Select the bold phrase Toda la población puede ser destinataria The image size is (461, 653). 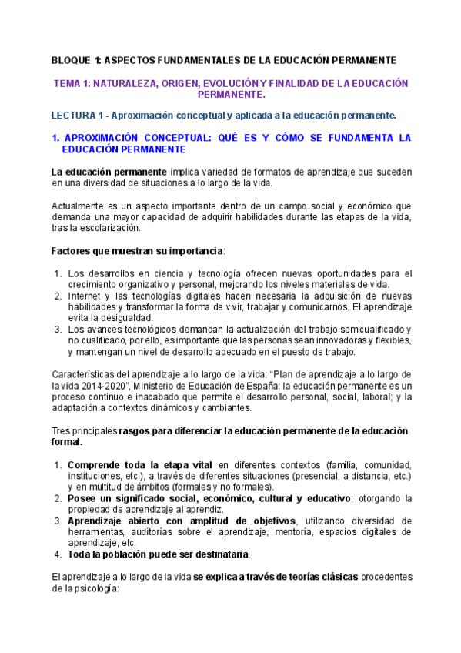tap(158, 554)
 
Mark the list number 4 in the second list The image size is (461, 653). tap(58, 554)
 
